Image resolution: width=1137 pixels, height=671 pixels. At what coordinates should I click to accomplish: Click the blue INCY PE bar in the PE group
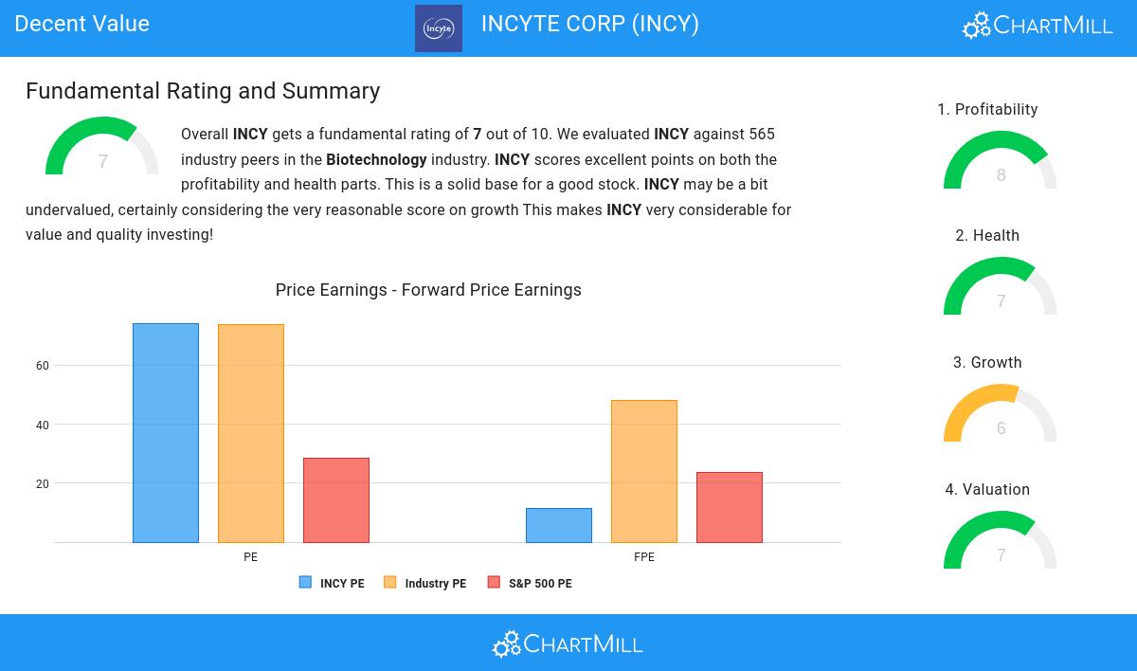[x=166, y=433]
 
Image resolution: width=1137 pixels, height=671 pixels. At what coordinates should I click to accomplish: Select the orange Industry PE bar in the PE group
[x=251, y=433]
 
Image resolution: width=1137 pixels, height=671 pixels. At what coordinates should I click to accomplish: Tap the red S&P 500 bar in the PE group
[x=336, y=500]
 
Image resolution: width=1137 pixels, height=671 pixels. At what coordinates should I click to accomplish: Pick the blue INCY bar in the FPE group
[x=559, y=525]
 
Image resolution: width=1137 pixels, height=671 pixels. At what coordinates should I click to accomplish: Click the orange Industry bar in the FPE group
[x=644, y=471]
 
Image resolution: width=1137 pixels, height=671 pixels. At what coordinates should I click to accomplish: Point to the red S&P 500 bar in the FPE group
[x=730, y=507]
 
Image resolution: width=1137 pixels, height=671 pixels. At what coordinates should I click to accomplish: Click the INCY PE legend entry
[x=332, y=583]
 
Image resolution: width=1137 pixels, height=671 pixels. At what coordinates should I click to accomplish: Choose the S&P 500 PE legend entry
[x=530, y=583]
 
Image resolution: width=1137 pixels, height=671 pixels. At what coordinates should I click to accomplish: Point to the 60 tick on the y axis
[x=43, y=366]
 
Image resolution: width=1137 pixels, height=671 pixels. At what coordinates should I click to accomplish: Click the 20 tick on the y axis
[x=43, y=484]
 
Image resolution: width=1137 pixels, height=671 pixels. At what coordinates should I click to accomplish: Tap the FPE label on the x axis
[x=644, y=557]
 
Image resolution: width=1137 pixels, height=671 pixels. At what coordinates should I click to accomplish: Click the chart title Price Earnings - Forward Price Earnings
[x=428, y=290]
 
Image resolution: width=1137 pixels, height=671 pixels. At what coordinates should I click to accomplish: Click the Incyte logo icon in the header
[x=439, y=28]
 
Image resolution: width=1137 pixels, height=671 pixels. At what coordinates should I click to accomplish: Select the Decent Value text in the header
[x=82, y=24]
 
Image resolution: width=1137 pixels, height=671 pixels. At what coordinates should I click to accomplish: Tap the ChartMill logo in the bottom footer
[x=568, y=644]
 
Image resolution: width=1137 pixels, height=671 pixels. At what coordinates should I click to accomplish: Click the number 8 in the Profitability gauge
[x=1001, y=175]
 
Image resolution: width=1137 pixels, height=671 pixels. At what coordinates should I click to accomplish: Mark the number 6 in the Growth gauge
[x=1001, y=428]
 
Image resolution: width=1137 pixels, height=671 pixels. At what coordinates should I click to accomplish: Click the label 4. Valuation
[x=987, y=490]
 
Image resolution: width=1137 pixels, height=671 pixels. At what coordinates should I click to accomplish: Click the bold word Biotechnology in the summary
[x=376, y=159]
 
